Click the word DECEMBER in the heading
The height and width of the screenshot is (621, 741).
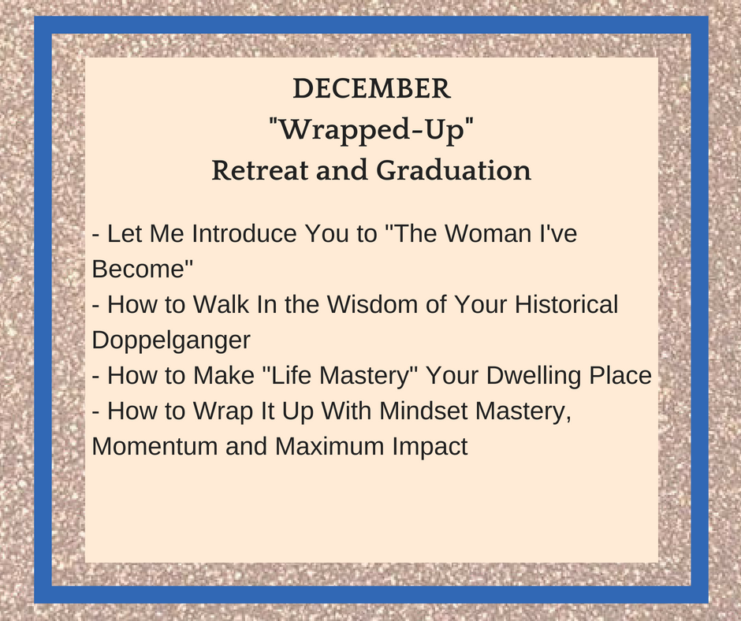371,88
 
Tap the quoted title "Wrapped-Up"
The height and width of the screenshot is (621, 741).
371,129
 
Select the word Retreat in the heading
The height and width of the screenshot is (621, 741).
259,170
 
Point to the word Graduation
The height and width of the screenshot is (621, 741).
454,170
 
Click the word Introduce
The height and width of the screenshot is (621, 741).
244,233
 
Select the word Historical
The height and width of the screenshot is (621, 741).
566,304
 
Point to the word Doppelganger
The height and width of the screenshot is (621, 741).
171,340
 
